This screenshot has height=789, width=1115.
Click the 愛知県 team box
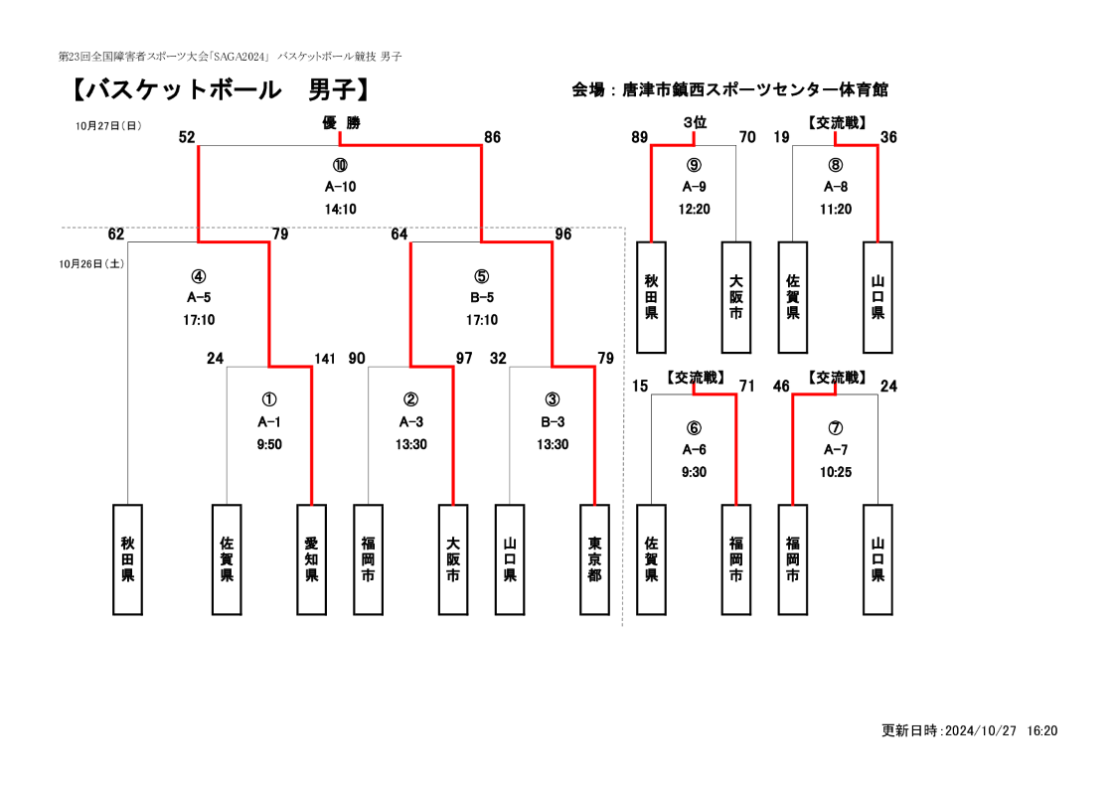pos(311,559)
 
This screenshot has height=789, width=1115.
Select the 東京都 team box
pos(594,559)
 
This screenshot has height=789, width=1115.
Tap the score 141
pos(325,359)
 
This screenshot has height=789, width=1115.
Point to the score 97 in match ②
pos(464,359)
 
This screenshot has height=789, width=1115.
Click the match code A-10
pos(340,187)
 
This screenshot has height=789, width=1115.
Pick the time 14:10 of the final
pos(340,210)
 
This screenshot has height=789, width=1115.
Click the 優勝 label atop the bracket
pos(341,123)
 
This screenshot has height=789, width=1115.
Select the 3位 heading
pos(695,122)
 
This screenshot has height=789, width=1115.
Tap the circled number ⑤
pos(481,276)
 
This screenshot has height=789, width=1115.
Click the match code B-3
pos(553,422)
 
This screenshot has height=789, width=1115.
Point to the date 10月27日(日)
pos(108,126)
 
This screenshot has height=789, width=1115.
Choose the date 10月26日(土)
pos(91,263)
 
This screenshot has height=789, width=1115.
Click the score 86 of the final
pos(492,137)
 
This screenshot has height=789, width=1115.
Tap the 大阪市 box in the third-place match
pos(736,297)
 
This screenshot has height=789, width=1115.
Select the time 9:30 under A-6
pos(694,473)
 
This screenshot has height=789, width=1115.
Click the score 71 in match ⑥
pos(746,386)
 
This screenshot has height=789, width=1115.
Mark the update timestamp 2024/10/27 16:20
pos(1002,730)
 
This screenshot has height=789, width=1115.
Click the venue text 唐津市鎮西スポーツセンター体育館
pos(755,90)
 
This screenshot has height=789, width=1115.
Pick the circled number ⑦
pos(836,428)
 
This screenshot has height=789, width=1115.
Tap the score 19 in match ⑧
pos(781,137)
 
